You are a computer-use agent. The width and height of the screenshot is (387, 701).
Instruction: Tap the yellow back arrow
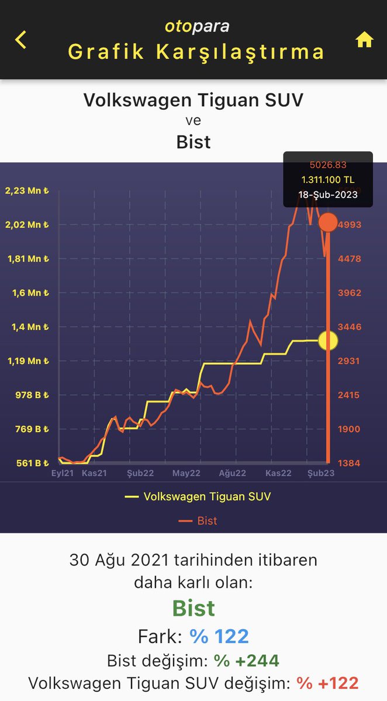click(21, 40)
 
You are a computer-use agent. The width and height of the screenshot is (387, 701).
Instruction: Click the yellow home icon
click(364, 40)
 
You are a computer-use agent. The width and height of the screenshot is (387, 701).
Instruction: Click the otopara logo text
click(196, 26)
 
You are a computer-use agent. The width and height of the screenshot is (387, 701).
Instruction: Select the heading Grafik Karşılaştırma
click(196, 51)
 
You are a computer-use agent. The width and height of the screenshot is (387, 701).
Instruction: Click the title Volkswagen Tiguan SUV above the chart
click(193, 99)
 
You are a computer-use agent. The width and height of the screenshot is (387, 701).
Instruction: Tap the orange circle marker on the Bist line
click(328, 223)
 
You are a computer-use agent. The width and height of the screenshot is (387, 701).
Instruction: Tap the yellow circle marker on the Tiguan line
click(328, 341)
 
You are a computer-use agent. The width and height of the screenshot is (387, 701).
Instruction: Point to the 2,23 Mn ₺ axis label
click(26, 190)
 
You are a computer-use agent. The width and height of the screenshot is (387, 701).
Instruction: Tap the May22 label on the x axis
click(186, 473)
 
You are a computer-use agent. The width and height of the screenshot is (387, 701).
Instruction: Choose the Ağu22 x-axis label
click(233, 473)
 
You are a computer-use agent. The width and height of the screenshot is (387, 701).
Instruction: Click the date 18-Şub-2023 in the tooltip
click(328, 195)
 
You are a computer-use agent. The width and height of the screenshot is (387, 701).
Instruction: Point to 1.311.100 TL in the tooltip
click(328, 180)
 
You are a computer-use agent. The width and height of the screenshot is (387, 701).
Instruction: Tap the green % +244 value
click(246, 661)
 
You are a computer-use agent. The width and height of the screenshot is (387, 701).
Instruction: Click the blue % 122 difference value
click(219, 636)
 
